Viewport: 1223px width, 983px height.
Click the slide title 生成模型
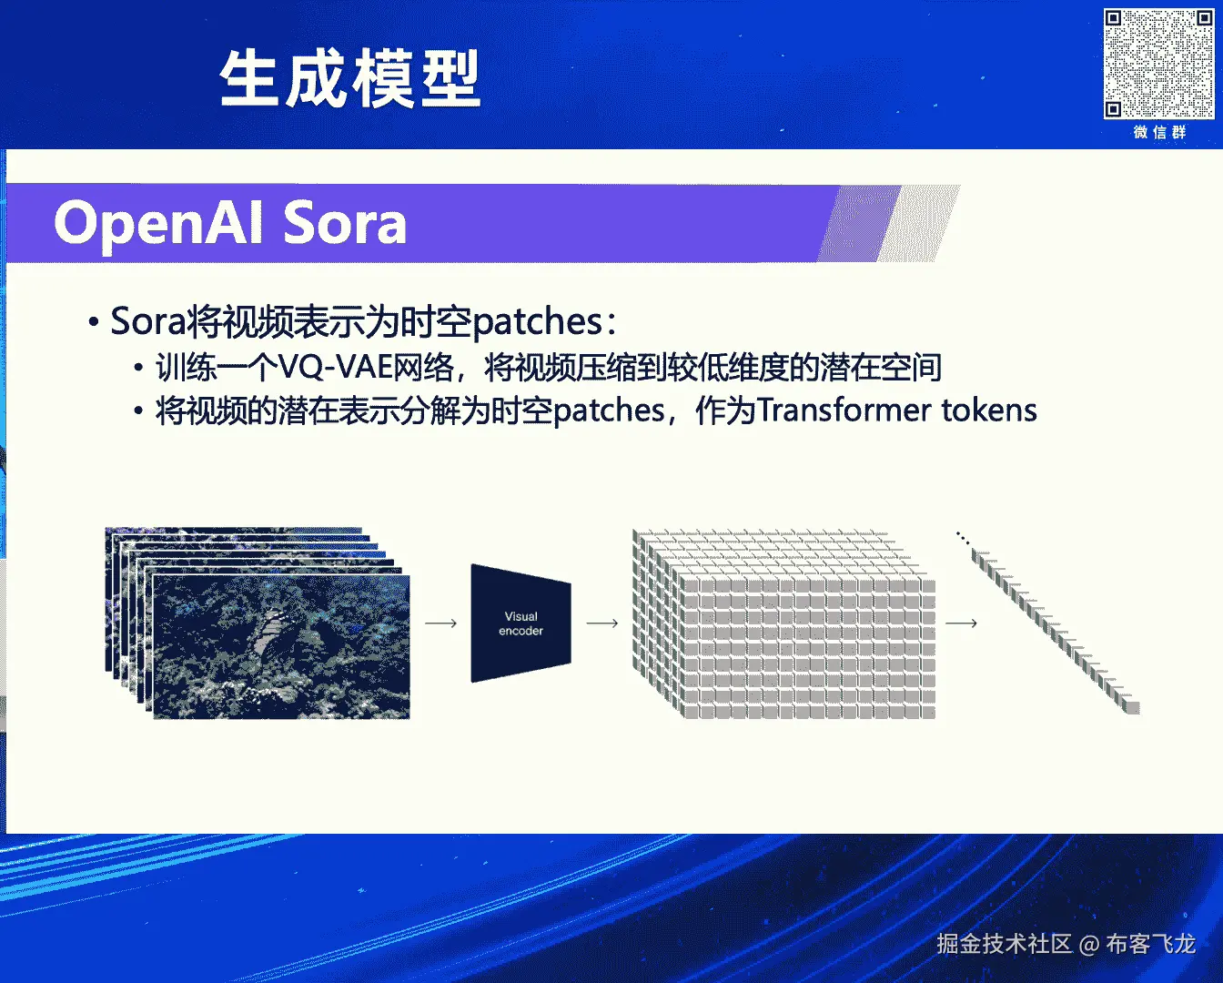350,78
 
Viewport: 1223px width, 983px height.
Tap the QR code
1158,64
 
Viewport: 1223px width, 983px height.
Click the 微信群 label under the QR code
1159,132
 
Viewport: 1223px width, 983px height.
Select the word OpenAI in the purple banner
158,223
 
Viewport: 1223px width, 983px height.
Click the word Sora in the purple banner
344,222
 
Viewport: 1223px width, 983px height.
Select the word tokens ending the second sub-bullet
989,410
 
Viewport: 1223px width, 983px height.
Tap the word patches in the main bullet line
537,322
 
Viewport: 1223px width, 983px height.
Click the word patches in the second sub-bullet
609,410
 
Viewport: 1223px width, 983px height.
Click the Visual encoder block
521,623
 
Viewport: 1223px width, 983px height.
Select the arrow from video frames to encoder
441,623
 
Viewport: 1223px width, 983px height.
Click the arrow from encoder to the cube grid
602,623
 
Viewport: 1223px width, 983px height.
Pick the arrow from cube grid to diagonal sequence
962,623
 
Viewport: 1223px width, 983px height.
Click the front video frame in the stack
281,647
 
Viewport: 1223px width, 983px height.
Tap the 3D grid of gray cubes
783,624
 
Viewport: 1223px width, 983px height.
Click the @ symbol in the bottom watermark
1088,945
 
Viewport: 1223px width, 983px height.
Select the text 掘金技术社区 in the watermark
1004,944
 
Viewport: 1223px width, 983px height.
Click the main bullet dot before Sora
94,322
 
